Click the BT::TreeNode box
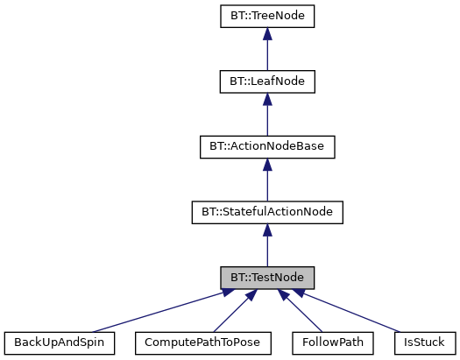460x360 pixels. coord(266,15)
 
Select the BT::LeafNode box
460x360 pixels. coord(266,81)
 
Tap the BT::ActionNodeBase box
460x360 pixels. coord(266,146)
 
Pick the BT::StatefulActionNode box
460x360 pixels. coord(266,211)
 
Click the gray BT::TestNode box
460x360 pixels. coord(266,277)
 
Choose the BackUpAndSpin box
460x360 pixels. coord(60,342)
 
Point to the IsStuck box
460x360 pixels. coord(424,342)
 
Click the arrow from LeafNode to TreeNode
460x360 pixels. coord(266,53)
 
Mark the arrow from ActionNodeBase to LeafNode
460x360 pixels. coord(266,118)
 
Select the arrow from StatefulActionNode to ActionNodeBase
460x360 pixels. coord(266,184)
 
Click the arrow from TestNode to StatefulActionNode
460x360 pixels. coord(266,250)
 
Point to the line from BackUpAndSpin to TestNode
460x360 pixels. coord(158,311)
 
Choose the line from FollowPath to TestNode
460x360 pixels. coord(304,314)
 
